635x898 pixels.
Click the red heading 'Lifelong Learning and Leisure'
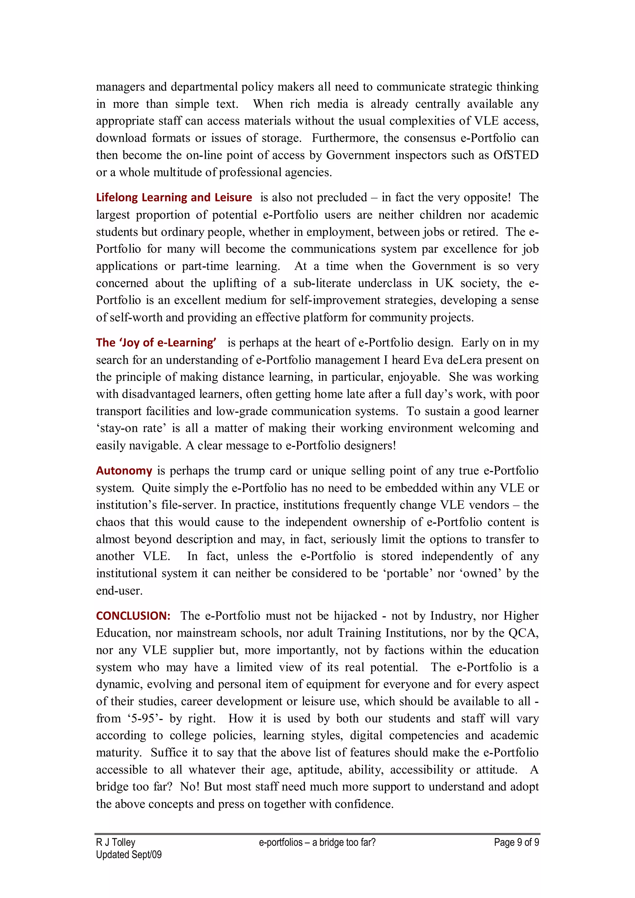174,198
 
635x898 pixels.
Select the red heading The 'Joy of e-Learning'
156,343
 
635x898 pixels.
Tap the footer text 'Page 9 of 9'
516,842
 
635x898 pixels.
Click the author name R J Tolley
116,842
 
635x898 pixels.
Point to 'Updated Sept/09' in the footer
129,855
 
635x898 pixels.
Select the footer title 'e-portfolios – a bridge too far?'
317,842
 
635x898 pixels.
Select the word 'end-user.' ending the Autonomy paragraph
119,591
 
